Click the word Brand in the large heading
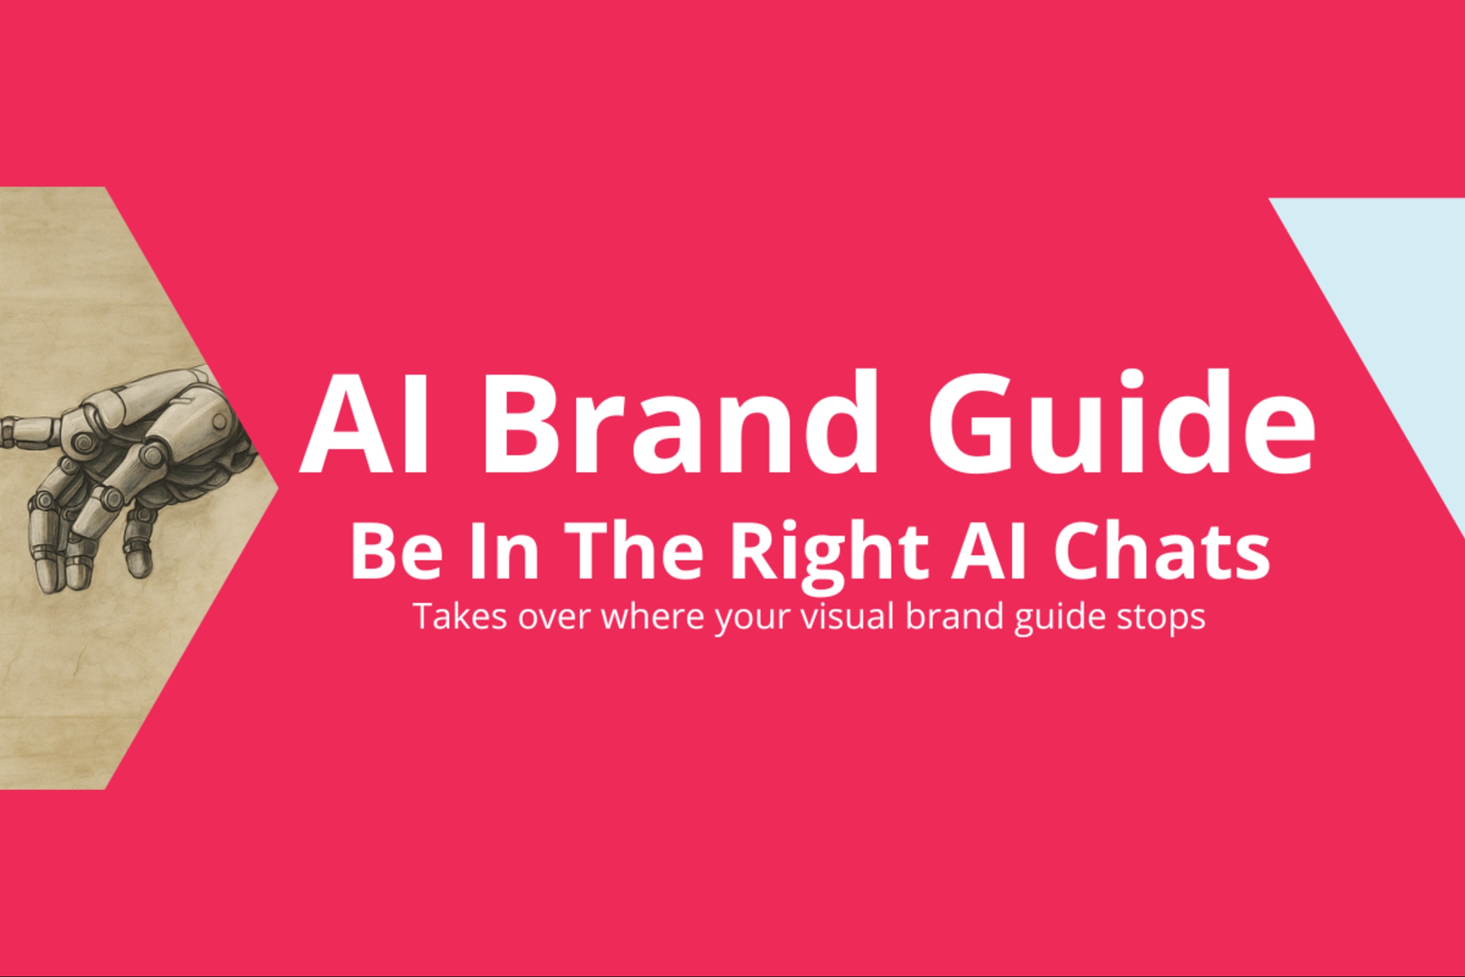coord(678,422)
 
